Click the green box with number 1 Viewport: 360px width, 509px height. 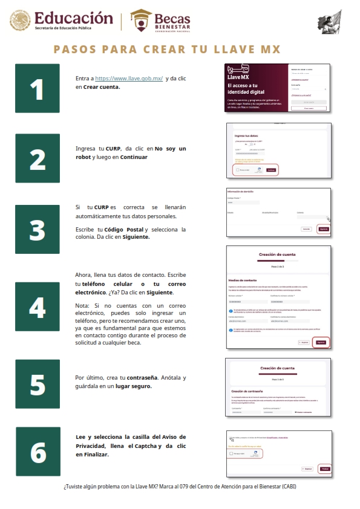coord(37,88)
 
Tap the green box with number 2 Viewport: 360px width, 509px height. coord(37,158)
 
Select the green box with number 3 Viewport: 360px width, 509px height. coord(37,229)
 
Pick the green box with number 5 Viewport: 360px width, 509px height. coord(37,382)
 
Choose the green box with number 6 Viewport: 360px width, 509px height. coord(37,451)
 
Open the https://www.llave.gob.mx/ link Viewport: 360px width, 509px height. coord(129,79)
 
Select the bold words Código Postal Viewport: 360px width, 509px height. coord(124,230)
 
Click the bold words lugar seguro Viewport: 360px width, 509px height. coord(131,386)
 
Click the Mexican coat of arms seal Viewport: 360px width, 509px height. coord(19,21)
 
